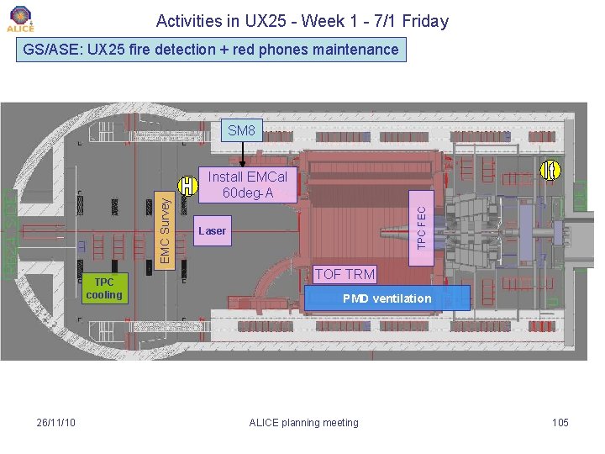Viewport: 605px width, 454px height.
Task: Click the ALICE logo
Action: click(20, 18)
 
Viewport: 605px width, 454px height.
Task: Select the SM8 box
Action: click(242, 130)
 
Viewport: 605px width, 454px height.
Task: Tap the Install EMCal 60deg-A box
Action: click(247, 185)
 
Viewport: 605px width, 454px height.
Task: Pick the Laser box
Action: click(212, 230)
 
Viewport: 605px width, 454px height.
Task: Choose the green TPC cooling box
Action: click(104, 288)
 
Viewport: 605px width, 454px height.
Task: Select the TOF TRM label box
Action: click(345, 274)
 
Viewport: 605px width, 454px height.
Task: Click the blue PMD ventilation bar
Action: click(387, 298)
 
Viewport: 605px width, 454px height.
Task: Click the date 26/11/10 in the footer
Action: click(56, 422)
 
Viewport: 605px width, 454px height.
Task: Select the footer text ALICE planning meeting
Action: click(304, 422)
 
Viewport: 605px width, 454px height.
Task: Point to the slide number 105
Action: click(560, 422)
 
